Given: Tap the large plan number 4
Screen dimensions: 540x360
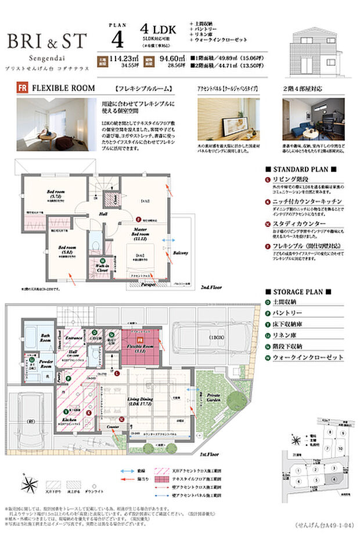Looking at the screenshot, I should coord(118,39).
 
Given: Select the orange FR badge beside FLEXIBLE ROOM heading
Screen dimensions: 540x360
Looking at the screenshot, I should coord(23,90).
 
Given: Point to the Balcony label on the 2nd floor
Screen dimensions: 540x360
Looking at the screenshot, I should coord(181,253).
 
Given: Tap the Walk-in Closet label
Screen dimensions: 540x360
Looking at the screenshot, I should coord(103,271).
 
